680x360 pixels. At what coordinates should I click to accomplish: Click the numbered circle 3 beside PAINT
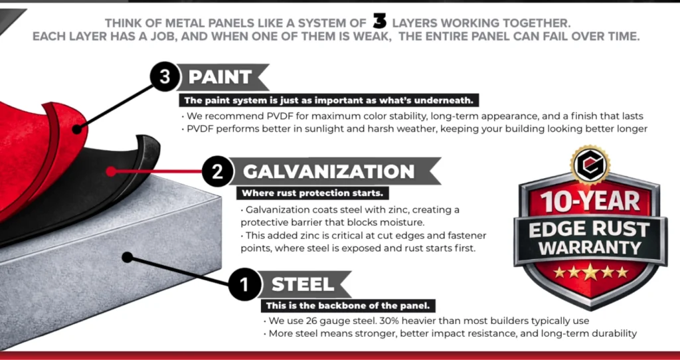click(x=165, y=77)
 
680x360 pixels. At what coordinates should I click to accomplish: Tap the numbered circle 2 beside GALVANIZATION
click(x=217, y=171)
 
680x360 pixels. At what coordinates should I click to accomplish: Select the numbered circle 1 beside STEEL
click(x=244, y=286)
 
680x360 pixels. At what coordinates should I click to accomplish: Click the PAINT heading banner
click(x=222, y=77)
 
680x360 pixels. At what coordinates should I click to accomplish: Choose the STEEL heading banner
click(x=303, y=286)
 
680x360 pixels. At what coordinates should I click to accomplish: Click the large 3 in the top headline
click(x=380, y=21)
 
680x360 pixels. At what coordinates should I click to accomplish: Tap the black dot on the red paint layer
click(x=77, y=129)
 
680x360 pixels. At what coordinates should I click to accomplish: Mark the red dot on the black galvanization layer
click(x=110, y=171)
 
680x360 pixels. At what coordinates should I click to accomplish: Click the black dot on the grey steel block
click(x=126, y=256)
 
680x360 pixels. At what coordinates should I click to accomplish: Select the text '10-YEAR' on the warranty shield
click(x=591, y=201)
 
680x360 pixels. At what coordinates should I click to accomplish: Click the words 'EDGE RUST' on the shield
click(x=590, y=228)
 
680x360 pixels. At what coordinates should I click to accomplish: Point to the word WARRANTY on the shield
click(x=590, y=249)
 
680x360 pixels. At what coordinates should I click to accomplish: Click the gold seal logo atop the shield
click(x=590, y=163)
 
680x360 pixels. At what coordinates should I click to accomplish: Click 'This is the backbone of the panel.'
click(x=349, y=306)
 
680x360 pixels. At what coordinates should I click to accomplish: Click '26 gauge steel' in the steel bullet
click(x=329, y=321)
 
